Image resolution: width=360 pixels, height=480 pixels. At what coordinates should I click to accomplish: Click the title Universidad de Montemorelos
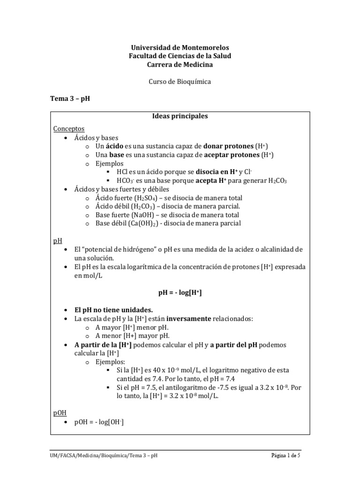(180, 48)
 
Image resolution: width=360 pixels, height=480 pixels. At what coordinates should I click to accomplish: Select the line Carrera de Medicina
(180, 64)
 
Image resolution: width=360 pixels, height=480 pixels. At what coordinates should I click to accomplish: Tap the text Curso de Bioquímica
(180, 82)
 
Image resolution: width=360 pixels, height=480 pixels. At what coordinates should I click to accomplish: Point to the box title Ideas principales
(180, 116)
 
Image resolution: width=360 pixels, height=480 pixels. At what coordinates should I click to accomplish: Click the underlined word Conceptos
(69, 128)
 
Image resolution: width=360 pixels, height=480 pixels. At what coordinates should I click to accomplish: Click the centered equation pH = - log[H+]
(180, 292)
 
